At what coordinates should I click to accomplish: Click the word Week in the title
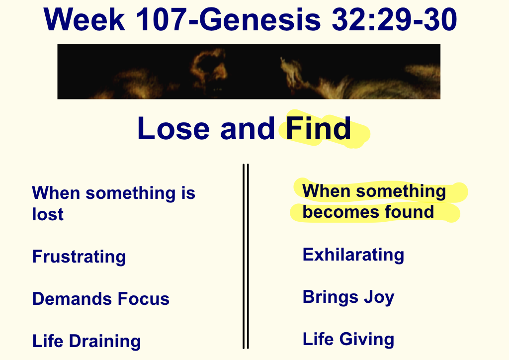[x=85, y=19]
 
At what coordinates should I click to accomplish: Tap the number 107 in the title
[x=161, y=19]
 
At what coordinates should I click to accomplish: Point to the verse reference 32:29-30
[x=394, y=19]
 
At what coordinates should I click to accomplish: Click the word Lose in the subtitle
[x=173, y=129]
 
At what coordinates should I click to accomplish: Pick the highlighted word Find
[x=318, y=128]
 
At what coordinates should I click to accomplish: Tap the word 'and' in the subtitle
[x=248, y=129]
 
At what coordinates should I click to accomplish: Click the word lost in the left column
[x=48, y=214]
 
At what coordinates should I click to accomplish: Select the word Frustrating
[x=79, y=257]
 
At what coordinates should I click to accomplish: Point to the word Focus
[x=144, y=299]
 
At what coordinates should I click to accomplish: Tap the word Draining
[x=105, y=341]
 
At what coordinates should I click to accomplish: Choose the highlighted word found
[x=410, y=212]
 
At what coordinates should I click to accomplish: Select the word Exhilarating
[x=353, y=255]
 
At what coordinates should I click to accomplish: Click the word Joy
[x=379, y=297]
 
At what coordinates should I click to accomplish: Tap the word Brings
[x=331, y=297]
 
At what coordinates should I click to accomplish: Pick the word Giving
[x=367, y=340]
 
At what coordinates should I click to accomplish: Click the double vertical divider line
[x=246, y=257]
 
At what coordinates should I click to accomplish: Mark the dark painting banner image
[x=249, y=72]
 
